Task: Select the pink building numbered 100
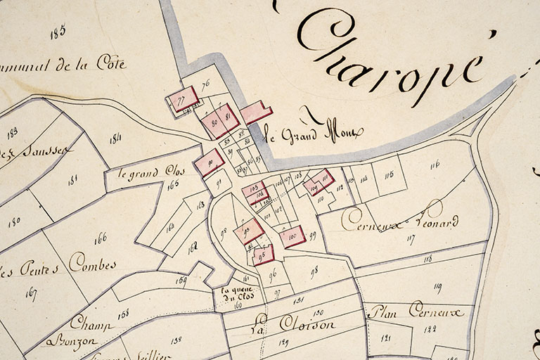[x=292, y=236]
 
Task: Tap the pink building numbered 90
[x=210, y=162]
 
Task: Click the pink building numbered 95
[x=263, y=255]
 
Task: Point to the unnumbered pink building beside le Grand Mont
[x=256, y=112]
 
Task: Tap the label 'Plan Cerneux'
[x=416, y=310]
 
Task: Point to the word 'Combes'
[x=91, y=265]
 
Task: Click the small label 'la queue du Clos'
[x=236, y=294]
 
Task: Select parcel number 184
[x=115, y=139]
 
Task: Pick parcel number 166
[x=100, y=238]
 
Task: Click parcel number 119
[x=437, y=286]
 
